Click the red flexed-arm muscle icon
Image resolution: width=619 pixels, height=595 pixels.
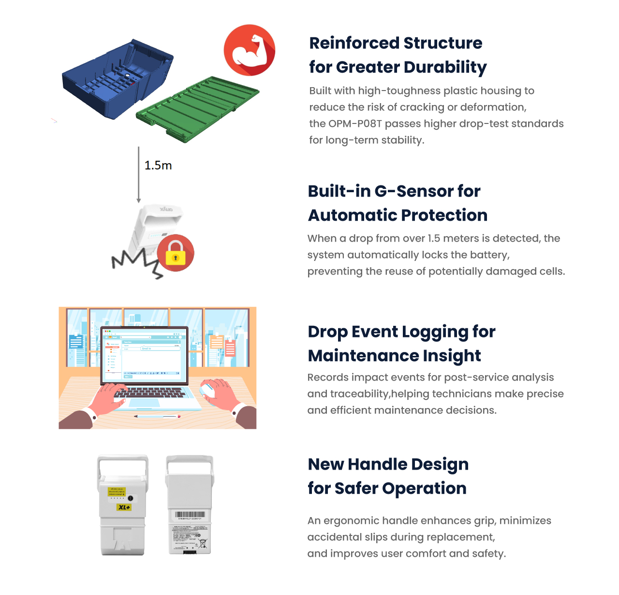(250, 50)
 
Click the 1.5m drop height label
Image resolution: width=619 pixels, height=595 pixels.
(158, 166)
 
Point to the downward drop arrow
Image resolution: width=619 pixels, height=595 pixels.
(139, 175)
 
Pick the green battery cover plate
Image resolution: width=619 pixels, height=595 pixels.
(197, 108)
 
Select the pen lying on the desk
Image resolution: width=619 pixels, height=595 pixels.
(157, 416)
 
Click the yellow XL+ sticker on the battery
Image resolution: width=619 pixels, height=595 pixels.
(124, 507)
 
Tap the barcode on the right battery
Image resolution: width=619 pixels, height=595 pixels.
(190, 515)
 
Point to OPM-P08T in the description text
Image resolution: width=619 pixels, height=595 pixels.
(355, 124)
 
